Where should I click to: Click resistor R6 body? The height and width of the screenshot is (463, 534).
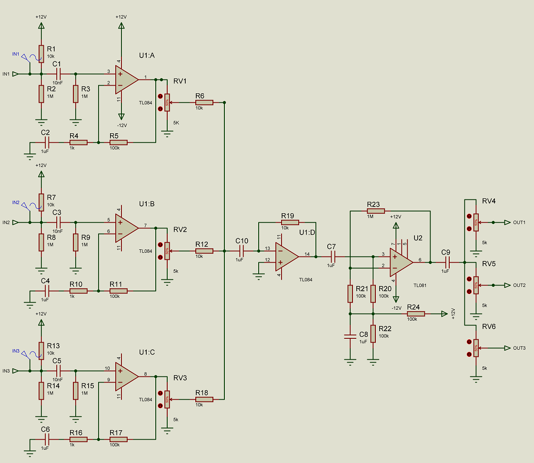coord(204,102)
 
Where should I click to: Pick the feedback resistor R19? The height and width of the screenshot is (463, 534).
coord(290,222)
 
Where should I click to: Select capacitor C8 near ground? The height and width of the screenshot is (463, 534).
coord(350,336)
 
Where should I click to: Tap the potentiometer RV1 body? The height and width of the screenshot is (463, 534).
coord(167,102)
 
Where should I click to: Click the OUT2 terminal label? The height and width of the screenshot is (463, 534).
coord(519,286)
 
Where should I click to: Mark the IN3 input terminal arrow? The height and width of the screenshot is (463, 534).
coord(15,371)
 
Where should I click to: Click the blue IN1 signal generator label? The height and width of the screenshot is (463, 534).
coord(16,54)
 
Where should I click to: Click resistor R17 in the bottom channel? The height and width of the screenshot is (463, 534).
coord(118,439)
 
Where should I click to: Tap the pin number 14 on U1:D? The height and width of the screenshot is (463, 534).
coord(307,254)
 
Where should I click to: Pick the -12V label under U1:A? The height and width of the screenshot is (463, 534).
coord(122,126)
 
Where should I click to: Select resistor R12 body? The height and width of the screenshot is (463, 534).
coord(204,251)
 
